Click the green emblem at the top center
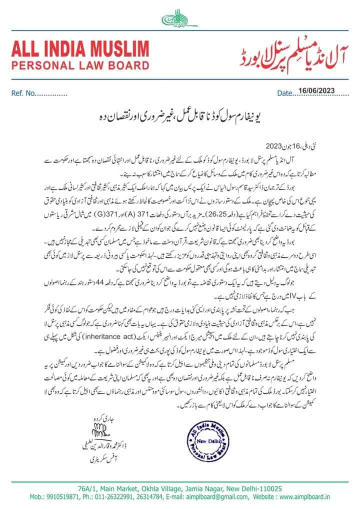click(178, 19)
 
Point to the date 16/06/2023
click(317, 90)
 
